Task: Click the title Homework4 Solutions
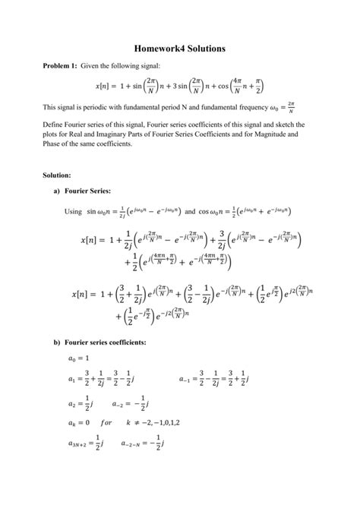click(x=180, y=49)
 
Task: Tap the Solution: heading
click(x=57, y=175)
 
